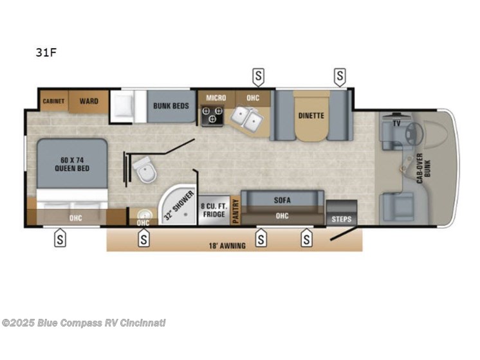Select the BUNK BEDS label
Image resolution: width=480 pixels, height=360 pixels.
click(171, 105)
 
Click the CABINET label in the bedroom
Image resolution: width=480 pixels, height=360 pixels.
click(53, 102)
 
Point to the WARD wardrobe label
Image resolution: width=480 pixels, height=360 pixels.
click(89, 102)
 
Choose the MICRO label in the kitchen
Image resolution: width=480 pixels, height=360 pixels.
click(216, 98)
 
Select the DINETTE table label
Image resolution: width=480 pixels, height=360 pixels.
click(311, 116)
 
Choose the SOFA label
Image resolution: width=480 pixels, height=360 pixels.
click(282, 200)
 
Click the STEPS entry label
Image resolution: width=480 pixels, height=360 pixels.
click(341, 219)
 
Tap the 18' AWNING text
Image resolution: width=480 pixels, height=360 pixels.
click(228, 246)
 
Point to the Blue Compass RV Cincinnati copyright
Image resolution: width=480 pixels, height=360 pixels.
click(84, 323)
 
